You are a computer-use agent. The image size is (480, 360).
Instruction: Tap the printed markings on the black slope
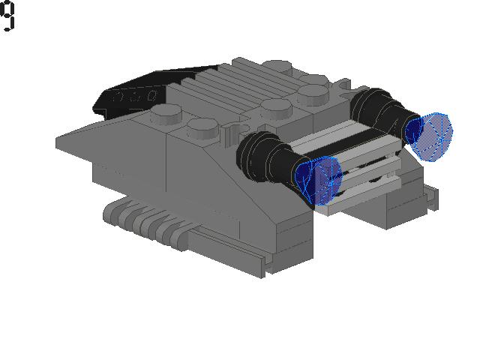click(x=135, y=97)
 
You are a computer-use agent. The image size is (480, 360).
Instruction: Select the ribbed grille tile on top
click(x=225, y=90)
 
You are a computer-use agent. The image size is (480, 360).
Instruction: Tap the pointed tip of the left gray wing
click(x=59, y=140)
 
